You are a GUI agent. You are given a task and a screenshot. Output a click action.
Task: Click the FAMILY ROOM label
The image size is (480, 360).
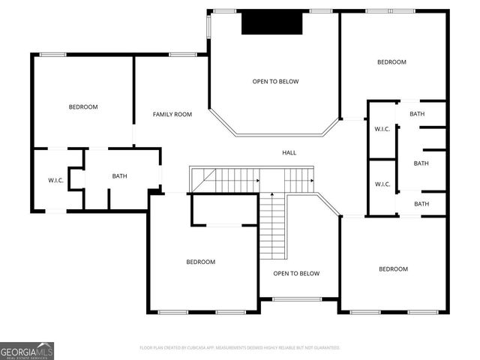[172, 114]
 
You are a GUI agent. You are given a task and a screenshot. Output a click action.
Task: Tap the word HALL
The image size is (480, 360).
[289, 152]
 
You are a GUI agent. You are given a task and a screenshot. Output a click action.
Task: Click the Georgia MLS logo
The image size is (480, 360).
[27, 350]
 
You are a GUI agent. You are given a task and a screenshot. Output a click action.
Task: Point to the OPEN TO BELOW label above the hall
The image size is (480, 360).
[275, 81]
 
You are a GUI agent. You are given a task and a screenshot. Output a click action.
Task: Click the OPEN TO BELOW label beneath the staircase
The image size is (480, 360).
[296, 274]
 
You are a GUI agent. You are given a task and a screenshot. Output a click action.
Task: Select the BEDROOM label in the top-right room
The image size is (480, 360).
[391, 62]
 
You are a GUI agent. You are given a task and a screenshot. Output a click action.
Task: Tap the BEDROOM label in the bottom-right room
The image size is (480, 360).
[393, 268]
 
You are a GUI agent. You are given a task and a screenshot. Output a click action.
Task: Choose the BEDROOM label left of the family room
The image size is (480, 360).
[83, 106]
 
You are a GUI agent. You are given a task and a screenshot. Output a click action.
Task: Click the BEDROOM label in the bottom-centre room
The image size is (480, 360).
[201, 262]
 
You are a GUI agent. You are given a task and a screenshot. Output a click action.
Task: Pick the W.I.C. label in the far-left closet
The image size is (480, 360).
[56, 180]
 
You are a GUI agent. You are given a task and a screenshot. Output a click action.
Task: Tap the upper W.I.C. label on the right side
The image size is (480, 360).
[382, 129]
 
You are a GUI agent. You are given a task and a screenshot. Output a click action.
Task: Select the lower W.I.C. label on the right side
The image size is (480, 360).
[382, 184]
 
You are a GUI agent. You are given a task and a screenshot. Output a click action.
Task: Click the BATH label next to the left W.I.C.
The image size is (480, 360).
[120, 176]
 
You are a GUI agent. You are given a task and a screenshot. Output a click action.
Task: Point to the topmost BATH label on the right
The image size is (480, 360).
[417, 113]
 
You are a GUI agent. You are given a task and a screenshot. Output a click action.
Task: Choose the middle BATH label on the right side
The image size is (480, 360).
[421, 163]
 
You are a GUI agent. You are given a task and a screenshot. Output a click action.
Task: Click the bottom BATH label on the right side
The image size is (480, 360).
[421, 203]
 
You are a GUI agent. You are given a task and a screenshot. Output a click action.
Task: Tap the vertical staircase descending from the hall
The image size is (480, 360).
[273, 225]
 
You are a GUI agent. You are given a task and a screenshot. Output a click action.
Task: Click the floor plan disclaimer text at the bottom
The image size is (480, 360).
[240, 348]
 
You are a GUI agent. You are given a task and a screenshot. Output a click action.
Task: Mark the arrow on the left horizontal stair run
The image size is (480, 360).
[256, 181]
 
